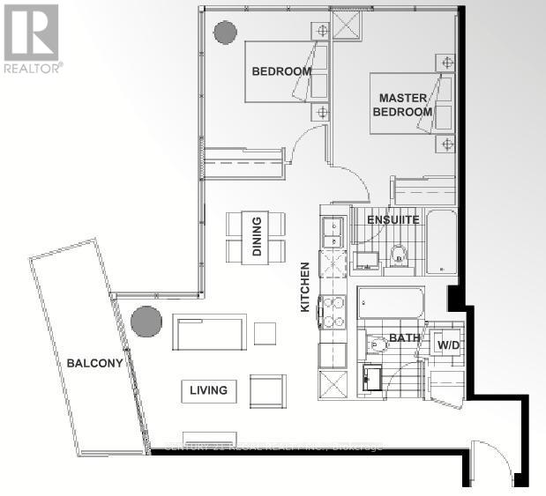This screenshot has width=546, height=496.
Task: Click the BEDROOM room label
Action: point(280,71)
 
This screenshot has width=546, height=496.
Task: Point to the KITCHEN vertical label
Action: point(305,288)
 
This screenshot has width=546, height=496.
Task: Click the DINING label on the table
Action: point(257,237)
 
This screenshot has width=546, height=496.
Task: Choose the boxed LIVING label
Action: point(208,390)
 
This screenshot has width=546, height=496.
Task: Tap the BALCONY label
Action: point(93,362)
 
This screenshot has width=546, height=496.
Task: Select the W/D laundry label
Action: point(449,345)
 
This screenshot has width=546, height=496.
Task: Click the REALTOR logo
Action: point(32,39)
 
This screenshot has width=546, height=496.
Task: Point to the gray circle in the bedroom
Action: point(224,30)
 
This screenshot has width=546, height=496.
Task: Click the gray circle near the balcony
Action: point(146,320)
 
